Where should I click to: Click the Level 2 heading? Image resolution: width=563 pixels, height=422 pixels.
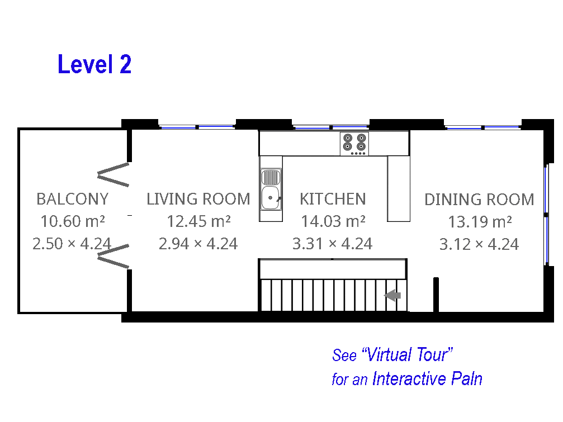tap(94, 64)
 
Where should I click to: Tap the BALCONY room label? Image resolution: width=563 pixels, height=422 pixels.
tap(73, 199)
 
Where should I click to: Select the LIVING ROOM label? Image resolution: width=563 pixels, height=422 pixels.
tap(198, 199)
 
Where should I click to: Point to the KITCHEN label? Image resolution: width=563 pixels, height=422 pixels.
tap(333, 199)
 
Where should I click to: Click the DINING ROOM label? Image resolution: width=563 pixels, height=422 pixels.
tap(479, 200)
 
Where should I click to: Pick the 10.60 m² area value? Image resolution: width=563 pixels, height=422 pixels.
tap(73, 221)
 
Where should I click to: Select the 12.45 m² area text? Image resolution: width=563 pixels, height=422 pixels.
tap(198, 221)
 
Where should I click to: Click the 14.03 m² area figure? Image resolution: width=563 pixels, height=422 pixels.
tap(333, 221)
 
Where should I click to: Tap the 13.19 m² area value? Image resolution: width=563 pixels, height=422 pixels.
tap(480, 221)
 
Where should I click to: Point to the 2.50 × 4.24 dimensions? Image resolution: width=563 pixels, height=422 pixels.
tap(72, 244)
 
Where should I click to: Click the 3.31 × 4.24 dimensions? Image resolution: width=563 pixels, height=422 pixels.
tap(333, 244)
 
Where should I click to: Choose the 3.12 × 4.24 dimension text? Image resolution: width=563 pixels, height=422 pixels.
tap(479, 244)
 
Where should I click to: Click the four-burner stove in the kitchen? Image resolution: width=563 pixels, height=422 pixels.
tap(354, 144)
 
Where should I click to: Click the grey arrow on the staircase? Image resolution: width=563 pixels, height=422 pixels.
tap(392, 295)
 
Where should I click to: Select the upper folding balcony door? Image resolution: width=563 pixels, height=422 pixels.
tap(113, 175)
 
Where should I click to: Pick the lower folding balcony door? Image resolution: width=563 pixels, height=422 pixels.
tap(113, 256)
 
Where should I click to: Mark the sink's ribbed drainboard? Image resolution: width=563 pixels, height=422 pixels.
tap(271, 177)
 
